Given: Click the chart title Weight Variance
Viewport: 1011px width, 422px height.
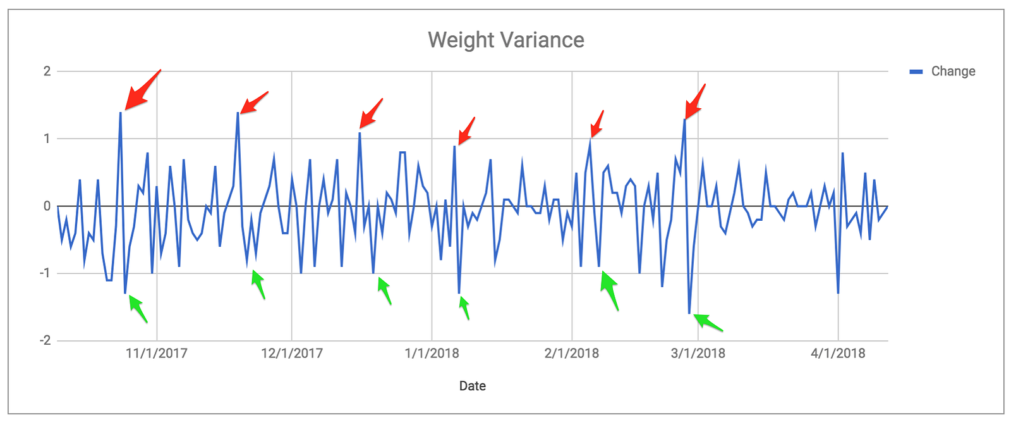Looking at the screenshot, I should (505, 40).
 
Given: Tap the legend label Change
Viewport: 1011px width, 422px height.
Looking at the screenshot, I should (953, 71).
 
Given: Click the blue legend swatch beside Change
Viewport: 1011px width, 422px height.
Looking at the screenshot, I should (916, 71).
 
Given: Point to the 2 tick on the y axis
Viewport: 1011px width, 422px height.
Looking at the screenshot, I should (47, 71).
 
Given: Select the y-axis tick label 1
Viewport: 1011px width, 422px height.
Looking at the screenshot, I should (47, 139).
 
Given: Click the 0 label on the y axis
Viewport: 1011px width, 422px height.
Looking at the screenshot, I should (47, 206).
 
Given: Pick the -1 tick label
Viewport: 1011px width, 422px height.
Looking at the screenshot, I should (45, 273).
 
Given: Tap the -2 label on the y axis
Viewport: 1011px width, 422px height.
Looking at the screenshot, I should (45, 340).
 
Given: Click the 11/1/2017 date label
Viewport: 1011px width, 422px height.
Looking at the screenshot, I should (157, 353).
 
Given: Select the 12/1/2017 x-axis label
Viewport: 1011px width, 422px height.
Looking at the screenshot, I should (292, 353).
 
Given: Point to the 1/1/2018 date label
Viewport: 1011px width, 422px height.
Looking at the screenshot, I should (432, 353).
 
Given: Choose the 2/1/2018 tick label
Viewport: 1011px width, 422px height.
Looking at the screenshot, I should (572, 353).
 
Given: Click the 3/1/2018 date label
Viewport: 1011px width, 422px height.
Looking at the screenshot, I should (698, 353).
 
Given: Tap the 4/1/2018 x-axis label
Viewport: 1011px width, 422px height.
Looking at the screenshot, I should (838, 353).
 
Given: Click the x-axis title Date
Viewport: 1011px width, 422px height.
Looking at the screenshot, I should (473, 386).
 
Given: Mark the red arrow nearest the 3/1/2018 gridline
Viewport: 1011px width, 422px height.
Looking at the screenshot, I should (694, 101).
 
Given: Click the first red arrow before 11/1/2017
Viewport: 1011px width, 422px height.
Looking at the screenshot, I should (142, 90).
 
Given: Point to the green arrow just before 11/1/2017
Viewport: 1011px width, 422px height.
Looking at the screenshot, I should (138, 309).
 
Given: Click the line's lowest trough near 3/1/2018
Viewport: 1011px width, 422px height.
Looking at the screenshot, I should (689, 313).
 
